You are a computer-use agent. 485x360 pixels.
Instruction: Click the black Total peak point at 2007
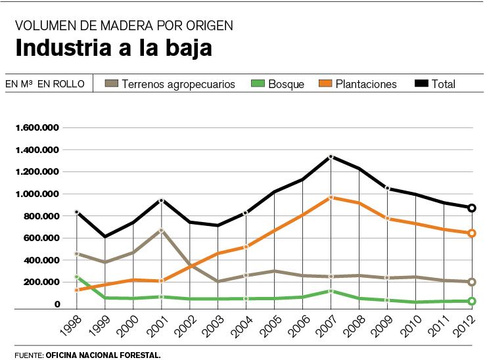click(331, 157)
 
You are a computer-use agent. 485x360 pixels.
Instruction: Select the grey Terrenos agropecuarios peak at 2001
click(161, 231)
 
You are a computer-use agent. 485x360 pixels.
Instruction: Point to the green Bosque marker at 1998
click(77, 277)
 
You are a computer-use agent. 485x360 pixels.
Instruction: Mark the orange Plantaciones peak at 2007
click(331, 197)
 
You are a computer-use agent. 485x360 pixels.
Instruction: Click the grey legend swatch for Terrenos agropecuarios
click(112, 83)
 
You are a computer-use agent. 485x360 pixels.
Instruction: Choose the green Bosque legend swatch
click(258, 83)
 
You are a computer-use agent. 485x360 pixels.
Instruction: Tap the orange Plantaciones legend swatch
click(325, 83)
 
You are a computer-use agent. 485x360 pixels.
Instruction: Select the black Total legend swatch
click(421, 83)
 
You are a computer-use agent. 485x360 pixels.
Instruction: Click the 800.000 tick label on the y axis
click(41, 216)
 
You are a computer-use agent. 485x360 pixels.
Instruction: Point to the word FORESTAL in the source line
click(137, 355)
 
